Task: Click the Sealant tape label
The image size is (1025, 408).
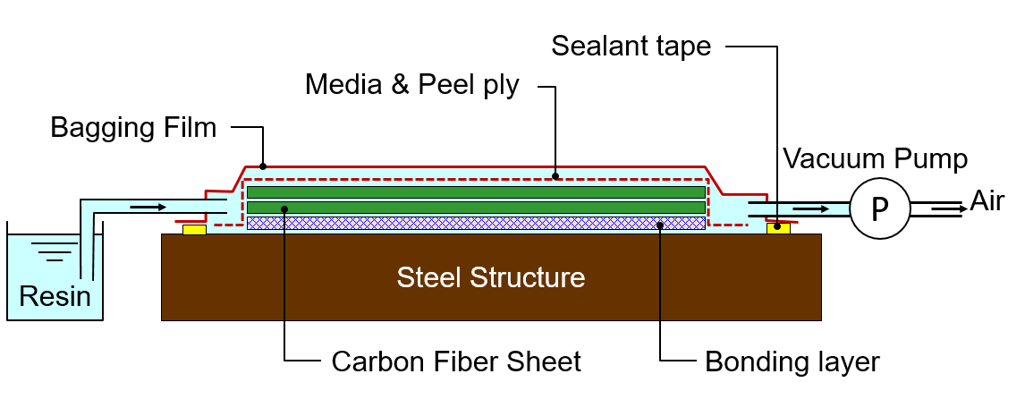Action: [x=631, y=46]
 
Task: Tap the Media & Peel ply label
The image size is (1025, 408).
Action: [x=411, y=85]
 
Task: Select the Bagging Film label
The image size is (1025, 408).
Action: [x=133, y=128]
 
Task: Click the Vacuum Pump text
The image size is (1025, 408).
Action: [x=875, y=159]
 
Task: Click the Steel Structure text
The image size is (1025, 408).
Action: [x=491, y=277]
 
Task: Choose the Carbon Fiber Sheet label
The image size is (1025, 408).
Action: [x=456, y=361]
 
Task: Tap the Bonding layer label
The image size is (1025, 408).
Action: [x=792, y=361]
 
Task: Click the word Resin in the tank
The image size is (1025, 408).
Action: [x=55, y=295]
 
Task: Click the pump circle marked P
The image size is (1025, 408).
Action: [x=880, y=208]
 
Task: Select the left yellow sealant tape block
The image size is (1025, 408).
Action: [x=194, y=230]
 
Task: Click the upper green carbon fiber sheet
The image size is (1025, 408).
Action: [x=475, y=191]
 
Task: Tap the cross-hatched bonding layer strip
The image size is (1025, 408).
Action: [x=475, y=223]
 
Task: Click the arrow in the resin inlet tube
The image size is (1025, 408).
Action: [x=148, y=208]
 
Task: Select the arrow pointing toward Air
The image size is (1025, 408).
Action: [x=945, y=208]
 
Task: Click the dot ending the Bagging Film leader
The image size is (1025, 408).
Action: [x=262, y=166]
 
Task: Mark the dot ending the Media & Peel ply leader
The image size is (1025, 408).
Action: [x=555, y=176]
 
